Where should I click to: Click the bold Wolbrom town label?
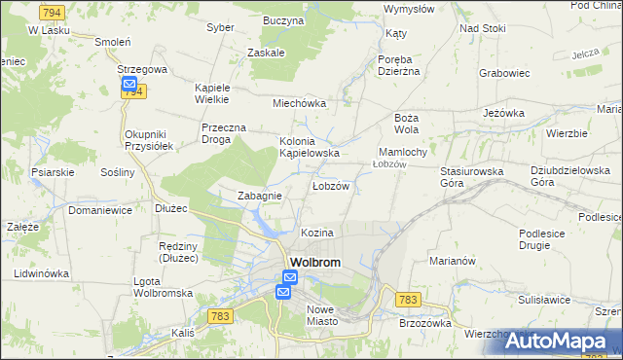(317, 262)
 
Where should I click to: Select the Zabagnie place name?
(260, 196)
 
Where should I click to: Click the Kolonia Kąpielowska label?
(310, 147)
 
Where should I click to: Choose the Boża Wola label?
(406, 123)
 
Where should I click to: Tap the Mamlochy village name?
(402, 153)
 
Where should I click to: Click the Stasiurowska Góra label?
(471, 176)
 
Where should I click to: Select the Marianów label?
(451, 261)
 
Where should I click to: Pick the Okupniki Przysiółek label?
(149, 139)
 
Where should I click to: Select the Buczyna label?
(283, 19)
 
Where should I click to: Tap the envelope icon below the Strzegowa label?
(129, 85)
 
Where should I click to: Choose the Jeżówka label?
(503, 113)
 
